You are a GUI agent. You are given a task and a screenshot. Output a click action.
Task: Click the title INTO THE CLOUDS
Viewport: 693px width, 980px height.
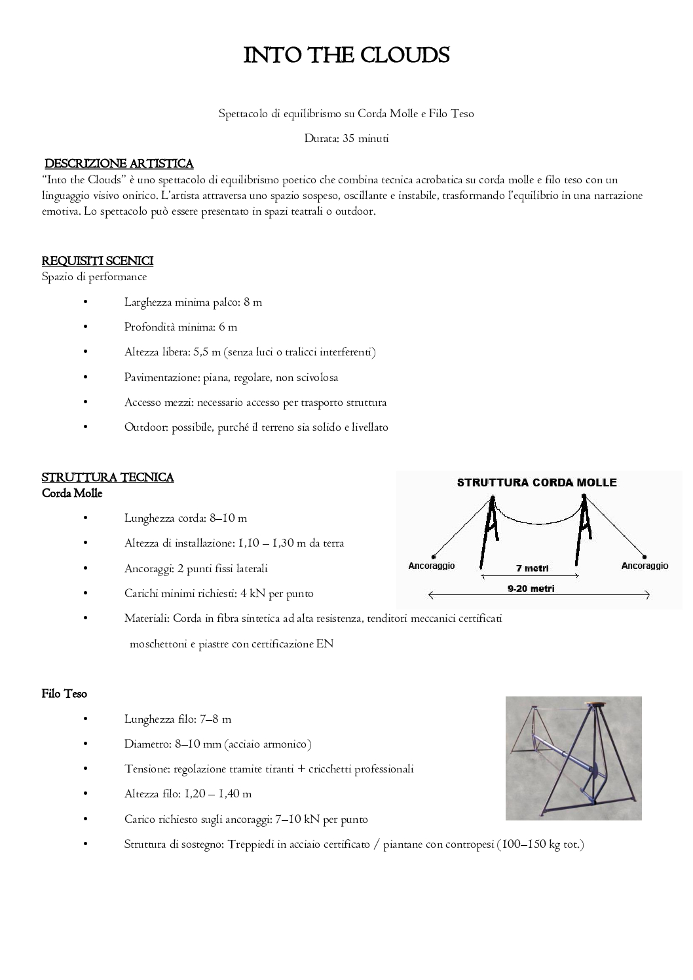click(x=346, y=56)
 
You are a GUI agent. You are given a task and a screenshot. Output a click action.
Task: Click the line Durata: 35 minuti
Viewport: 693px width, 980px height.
click(x=346, y=139)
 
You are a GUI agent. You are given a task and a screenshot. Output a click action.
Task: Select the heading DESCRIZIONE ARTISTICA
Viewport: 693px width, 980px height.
click(x=119, y=163)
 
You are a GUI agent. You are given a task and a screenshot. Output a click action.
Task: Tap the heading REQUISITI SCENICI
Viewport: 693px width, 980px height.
click(x=98, y=261)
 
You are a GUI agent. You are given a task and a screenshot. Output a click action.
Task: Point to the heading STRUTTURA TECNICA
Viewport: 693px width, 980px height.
click(x=108, y=477)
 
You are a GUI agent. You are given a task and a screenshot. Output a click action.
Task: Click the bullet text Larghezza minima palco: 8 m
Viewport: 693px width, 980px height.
click(x=193, y=302)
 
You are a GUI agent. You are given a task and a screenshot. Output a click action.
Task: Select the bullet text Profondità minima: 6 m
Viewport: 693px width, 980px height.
click(x=181, y=327)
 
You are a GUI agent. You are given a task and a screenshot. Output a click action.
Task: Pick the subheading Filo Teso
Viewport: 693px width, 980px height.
click(x=64, y=694)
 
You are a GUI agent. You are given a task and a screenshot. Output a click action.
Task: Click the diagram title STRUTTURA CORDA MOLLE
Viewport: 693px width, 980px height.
click(x=536, y=483)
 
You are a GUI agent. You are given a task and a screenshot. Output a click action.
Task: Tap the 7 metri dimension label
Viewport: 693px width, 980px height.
click(x=532, y=568)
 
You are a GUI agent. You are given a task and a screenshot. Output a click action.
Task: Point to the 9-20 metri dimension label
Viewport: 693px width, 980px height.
click(x=531, y=589)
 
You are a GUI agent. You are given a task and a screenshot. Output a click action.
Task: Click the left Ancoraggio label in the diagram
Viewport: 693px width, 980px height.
click(x=431, y=566)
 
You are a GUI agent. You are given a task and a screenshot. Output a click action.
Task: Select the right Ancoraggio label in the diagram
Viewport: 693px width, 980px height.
click(x=645, y=566)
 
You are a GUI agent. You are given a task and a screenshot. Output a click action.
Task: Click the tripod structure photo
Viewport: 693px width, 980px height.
click(x=573, y=758)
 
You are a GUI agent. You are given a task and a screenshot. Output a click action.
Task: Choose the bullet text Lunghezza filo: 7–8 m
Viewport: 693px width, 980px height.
click(x=178, y=719)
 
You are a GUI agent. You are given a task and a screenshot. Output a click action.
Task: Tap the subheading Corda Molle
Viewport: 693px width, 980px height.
click(x=72, y=494)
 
